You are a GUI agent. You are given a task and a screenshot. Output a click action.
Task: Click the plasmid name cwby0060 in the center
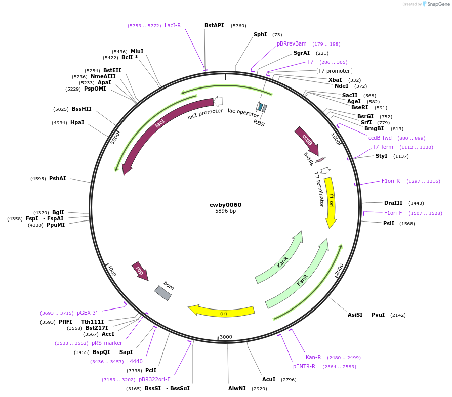225,205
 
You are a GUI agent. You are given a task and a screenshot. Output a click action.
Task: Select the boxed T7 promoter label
334,71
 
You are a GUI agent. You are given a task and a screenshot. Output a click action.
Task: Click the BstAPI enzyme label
214,25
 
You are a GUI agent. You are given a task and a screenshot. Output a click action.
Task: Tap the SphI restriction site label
260,34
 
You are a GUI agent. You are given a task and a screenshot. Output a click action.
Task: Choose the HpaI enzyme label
77,122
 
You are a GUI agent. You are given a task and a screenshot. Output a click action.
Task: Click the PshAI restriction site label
57,178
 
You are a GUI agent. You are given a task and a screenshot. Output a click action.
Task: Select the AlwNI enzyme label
237,388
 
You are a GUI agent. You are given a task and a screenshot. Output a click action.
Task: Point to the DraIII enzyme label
393,202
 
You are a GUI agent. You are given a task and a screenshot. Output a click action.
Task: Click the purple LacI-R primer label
172,25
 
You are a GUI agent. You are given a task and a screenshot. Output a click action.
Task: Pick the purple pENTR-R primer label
304,366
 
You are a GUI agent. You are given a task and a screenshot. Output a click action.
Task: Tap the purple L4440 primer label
135,361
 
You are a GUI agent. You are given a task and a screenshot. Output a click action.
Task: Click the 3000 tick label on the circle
226,337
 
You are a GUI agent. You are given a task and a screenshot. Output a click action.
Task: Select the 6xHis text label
309,158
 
